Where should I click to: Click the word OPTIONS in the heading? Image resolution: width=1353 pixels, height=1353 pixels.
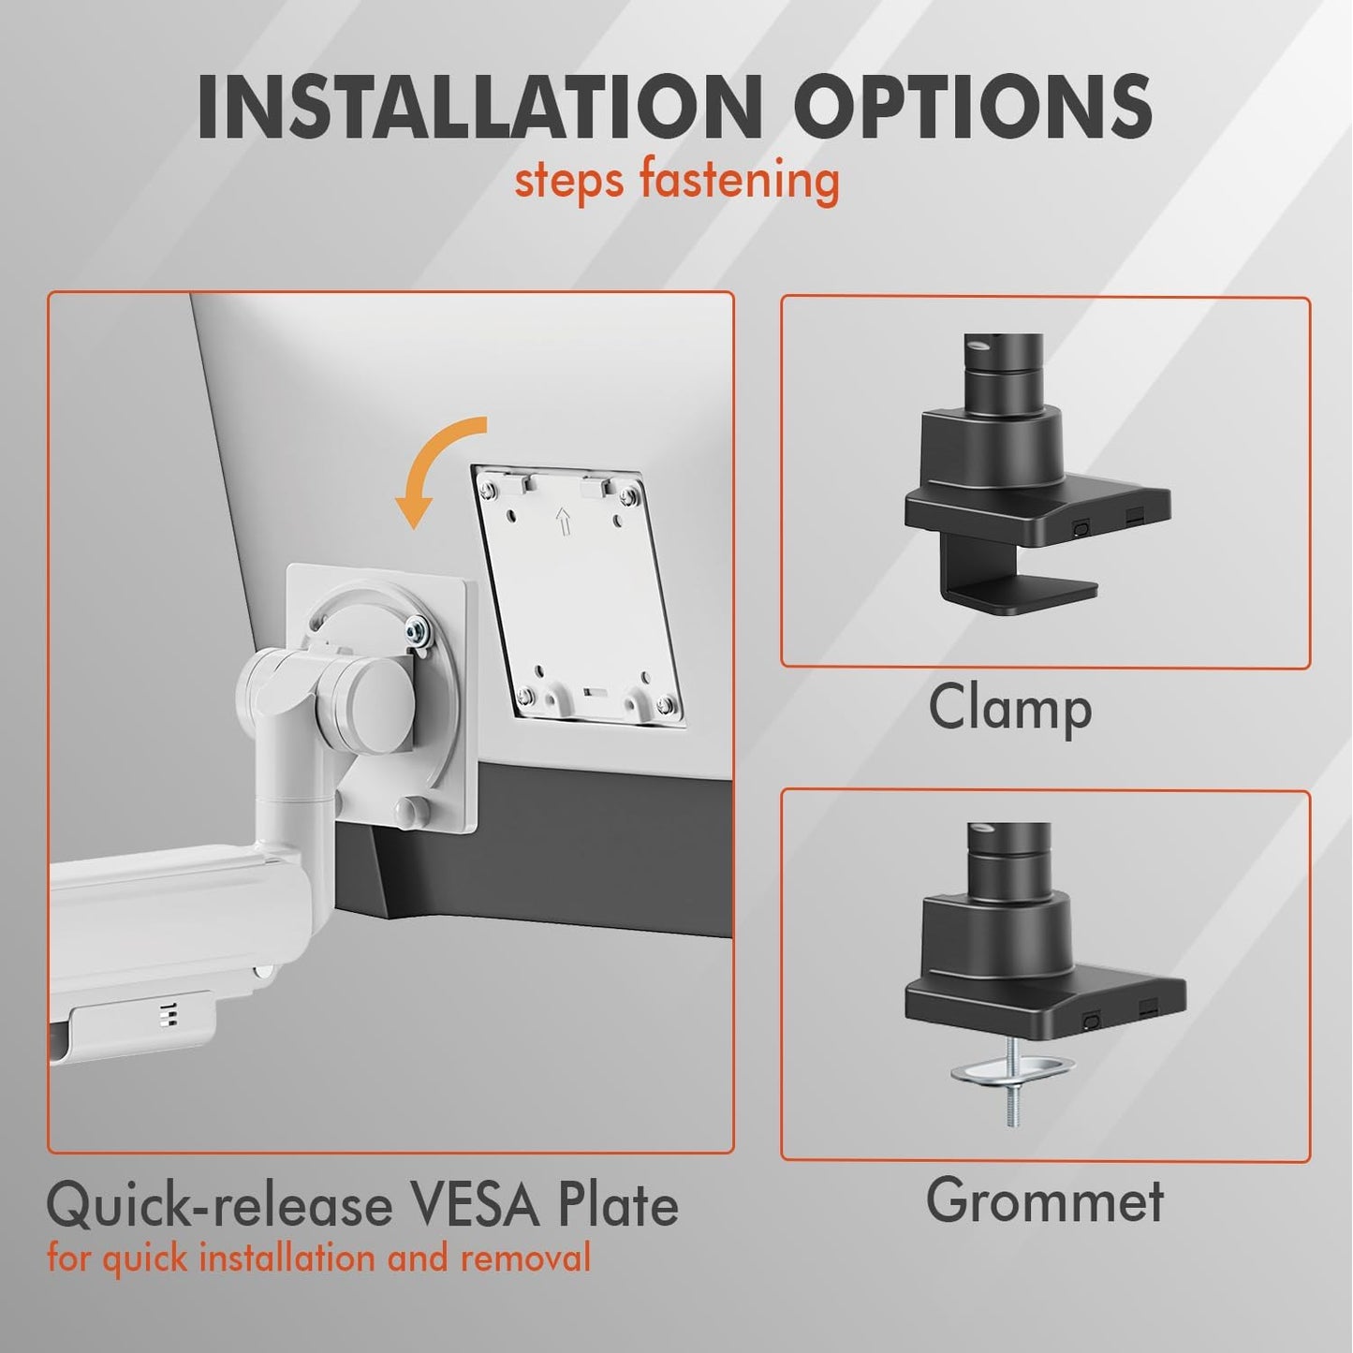point(974,108)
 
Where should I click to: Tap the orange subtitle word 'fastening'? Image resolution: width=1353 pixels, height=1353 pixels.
point(739,180)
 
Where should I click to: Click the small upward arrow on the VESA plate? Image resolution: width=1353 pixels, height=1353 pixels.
point(562,520)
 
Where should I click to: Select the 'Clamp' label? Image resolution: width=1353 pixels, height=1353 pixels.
point(1009,709)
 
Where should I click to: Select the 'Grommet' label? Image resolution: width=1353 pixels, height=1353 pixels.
point(1044,1200)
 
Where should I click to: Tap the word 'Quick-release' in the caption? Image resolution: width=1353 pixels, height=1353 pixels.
point(214,1206)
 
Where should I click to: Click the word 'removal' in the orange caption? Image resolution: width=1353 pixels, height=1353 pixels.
point(525,1257)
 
